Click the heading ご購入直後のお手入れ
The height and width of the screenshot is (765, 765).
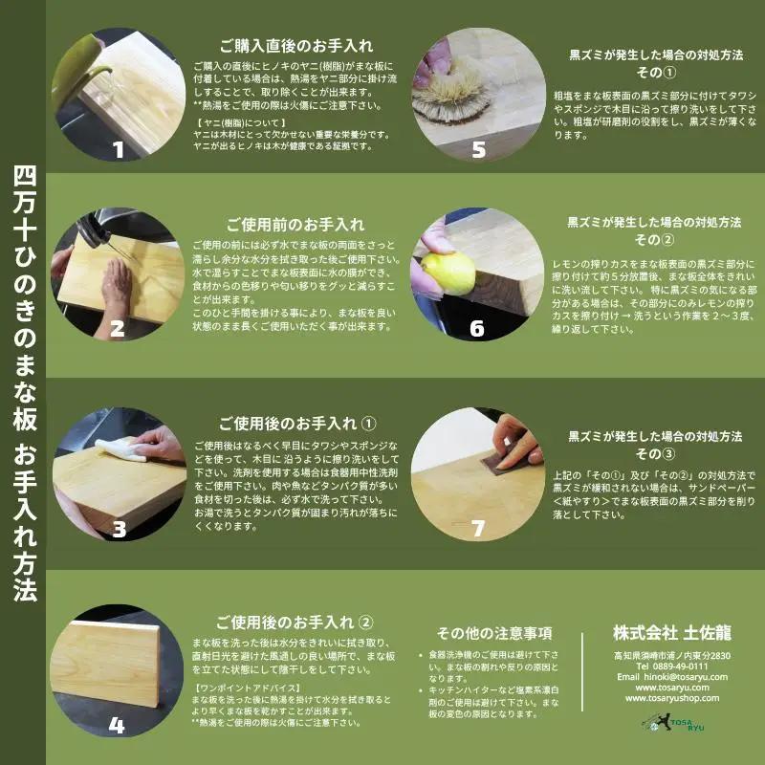[x=296, y=46]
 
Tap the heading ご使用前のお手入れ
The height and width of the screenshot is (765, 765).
[x=295, y=225]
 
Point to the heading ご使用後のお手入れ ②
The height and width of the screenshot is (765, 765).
[x=295, y=623]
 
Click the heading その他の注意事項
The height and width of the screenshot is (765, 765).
[x=494, y=633]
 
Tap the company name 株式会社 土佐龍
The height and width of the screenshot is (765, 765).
[x=672, y=632]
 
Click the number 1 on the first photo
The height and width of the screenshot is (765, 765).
[x=118, y=150]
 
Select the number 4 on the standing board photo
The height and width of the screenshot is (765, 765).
[x=116, y=725]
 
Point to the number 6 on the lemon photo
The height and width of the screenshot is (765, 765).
[x=476, y=328]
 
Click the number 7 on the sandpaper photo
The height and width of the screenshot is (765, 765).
[x=478, y=529]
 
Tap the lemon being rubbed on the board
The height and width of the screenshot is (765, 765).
[x=448, y=273]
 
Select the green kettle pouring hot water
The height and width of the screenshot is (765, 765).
[x=77, y=71]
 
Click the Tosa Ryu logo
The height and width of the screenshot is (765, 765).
[x=673, y=723]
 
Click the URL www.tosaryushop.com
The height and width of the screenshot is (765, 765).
[x=672, y=698]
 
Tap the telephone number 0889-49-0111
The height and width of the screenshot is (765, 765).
[x=680, y=666]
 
